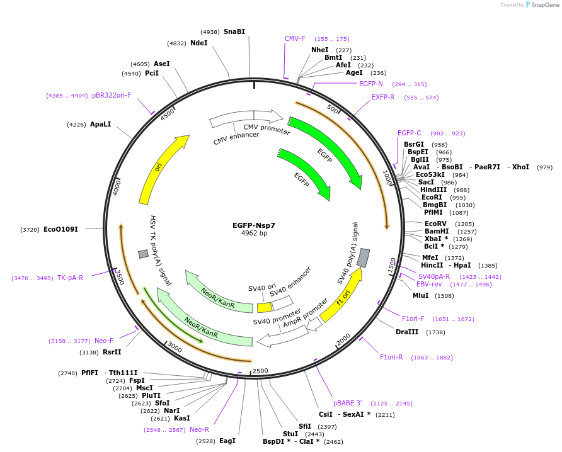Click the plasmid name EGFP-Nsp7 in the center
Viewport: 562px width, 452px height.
[x=254, y=225]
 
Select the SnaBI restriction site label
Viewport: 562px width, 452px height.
[x=234, y=31]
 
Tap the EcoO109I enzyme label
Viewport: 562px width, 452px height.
[x=60, y=229]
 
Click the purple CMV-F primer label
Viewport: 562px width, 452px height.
[x=295, y=38]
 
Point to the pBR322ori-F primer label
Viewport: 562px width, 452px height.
[x=112, y=96]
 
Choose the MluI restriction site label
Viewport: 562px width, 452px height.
[x=420, y=295]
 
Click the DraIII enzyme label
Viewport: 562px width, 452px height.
[x=407, y=332]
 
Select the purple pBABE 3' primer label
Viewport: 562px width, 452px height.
[x=348, y=403]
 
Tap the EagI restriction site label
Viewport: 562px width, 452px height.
[x=227, y=441]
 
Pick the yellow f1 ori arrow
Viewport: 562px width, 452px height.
[x=341, y=295]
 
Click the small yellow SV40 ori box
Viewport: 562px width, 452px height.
[x=264, y=307]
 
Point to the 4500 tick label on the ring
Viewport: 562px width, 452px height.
[x=167, y=113]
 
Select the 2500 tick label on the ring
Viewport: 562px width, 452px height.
[x=260, y=371]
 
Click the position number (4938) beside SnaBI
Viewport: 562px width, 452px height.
[x=210, y=32]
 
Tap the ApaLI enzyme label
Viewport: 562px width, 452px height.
[x=100, y=124]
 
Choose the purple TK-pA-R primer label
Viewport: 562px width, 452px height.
[x=70, y=278]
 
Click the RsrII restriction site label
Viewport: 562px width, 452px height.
[x=112, y=353]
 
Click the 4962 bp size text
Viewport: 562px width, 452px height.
[x=254, y=233]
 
